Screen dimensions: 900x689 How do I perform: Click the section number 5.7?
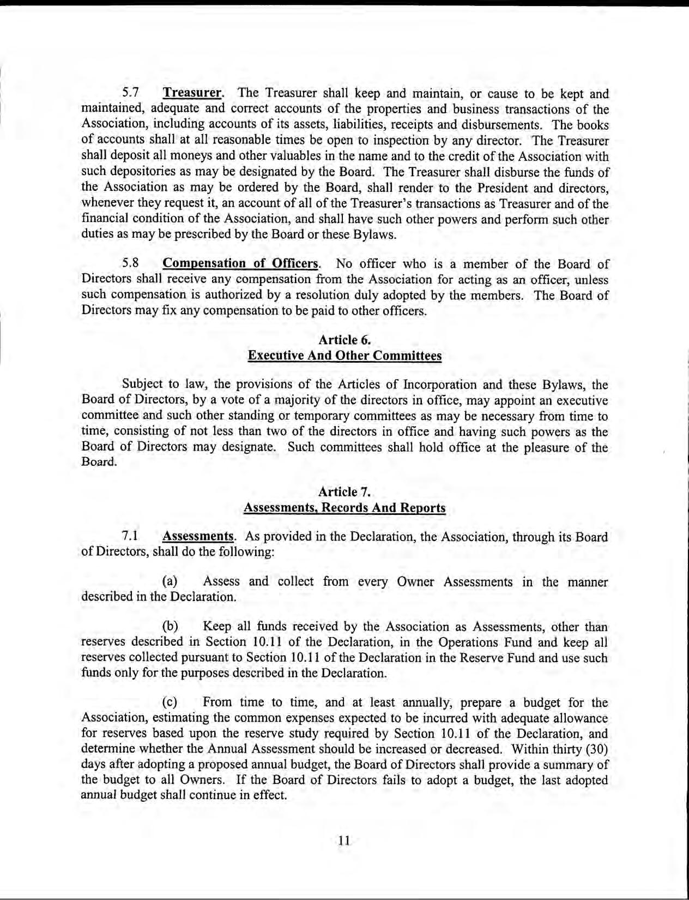tap(131, 94)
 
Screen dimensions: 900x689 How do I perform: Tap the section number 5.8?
tap(131, 264)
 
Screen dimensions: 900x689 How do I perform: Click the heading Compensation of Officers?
tap(240, 264)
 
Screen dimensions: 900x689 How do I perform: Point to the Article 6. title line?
tap(344, 340)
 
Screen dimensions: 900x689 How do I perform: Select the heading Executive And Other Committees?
tap(344, 356)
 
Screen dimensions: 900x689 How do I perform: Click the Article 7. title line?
tap(344, 492)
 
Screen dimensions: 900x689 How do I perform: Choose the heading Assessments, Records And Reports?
tap(344, 508)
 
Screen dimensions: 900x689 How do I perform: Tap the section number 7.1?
tap(131, 536)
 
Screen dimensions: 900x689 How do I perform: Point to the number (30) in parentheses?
tap(596, 749)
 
